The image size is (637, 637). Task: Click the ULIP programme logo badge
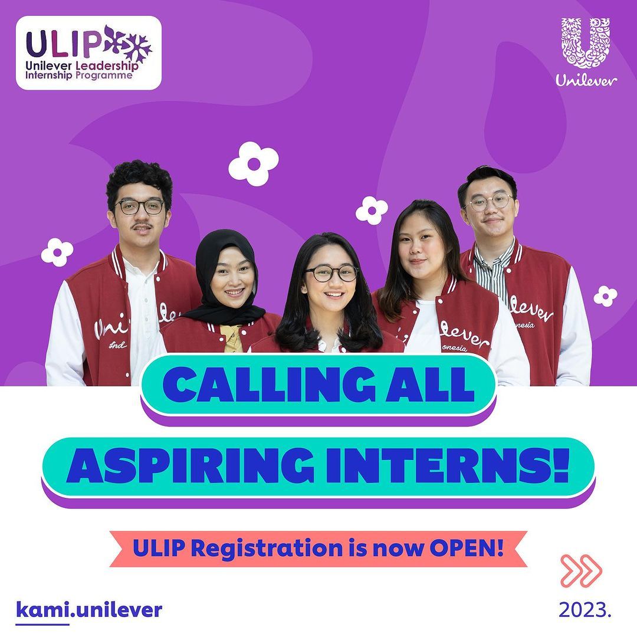(88, 53)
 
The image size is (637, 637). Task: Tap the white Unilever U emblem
(586, 42)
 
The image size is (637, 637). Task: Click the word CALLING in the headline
(269, 385)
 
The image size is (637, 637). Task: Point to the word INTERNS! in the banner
(448, 465)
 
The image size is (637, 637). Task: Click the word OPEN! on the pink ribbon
(467, 549)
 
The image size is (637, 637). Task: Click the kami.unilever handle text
(89, 610)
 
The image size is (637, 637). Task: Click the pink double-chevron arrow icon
(581, 571)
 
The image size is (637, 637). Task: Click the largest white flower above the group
(254, 164)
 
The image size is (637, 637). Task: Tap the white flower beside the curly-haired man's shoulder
(57, 252)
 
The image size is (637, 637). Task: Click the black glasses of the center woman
(332, 274)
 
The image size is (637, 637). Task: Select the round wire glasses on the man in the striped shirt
(490, 202)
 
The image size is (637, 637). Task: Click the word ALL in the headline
(430, 385)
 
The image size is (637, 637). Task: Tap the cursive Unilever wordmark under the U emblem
(586, 80)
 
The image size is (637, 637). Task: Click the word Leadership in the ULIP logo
(107, 65)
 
